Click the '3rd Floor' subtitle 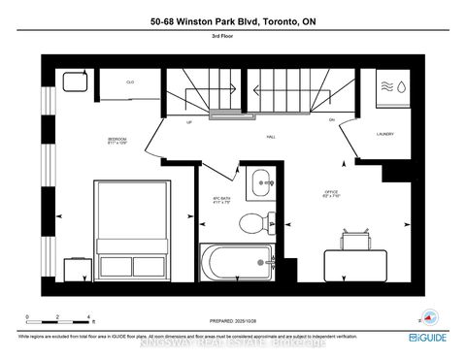pos(232,38)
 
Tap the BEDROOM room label pos(116,142)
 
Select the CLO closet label pos(130,82)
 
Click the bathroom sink pos(260,181)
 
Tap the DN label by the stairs pos(331,119)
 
